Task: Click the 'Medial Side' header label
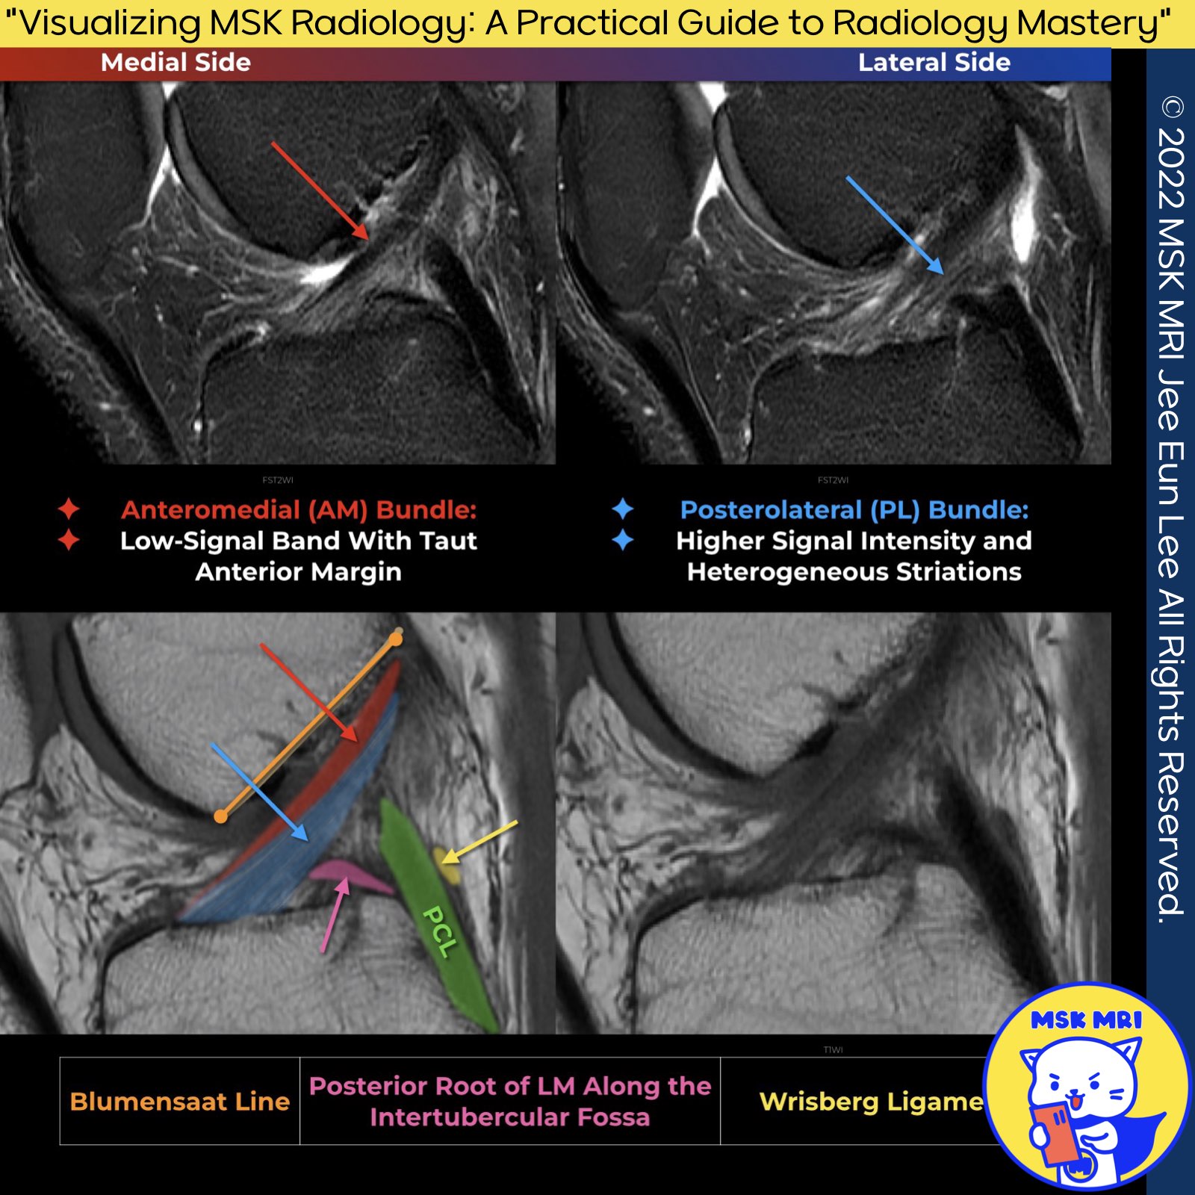click(176, 63)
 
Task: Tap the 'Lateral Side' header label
click(934, 63)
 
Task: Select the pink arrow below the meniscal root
click(334, 916)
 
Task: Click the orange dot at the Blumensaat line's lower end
click(220, 817)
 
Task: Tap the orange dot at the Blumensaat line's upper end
click(396, 639)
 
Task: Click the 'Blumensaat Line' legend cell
click(179, 1102)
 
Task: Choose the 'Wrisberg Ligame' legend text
click(871, 1102)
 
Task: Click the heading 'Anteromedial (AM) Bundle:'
click(299, 510)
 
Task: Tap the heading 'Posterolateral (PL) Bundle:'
click(854, 510)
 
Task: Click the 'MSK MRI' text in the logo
click(1086, 1021)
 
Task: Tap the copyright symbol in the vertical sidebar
click(1172, 108)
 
